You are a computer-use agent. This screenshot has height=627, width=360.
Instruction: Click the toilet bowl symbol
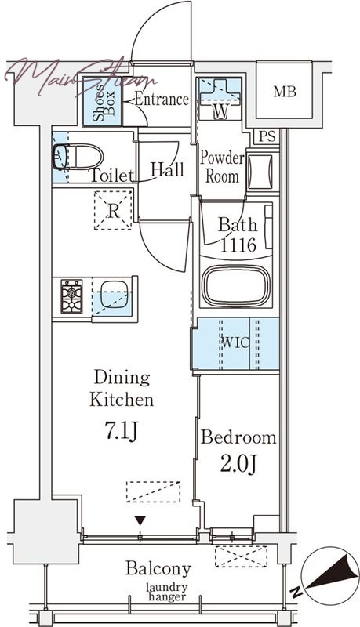(x=78, y=158)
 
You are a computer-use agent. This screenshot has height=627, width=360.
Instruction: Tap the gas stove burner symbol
(x=71, y=296)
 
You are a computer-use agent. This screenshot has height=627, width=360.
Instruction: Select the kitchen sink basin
(x=114, y=295)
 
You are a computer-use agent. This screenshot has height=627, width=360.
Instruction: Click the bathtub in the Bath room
(x=235, y=286)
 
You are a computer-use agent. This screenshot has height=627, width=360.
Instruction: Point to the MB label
(x=285, y=92)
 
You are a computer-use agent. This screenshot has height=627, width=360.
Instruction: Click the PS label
(x=267, y=136)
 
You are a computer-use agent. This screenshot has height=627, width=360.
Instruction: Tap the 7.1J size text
(x=122, y=431)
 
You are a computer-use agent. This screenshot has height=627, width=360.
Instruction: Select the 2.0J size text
(x=238, y=464)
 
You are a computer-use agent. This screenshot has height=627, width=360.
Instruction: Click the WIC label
(x=235, y=342)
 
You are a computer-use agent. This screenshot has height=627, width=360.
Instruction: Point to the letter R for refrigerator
(x=114, y=211)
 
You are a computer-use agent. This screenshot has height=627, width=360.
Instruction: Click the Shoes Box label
(x=104, y=103)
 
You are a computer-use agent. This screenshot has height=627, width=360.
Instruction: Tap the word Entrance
(x=162, y=100)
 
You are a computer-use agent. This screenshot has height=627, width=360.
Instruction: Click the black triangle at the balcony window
(x=140, y=520)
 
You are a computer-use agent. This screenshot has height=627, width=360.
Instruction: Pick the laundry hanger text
(x=166, y=593)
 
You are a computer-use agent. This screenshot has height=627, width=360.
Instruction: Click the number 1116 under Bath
(x=238, y=245)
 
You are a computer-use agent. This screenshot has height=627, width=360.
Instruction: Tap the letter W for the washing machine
(x=220, y=111)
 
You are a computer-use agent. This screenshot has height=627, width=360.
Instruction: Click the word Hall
(x=167, y=170)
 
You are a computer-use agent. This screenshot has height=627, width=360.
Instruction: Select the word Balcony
(x=158, y=569)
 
